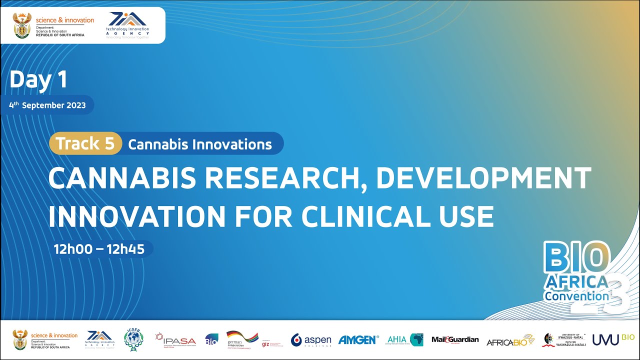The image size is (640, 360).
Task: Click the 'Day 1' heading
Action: [x=38, y=80]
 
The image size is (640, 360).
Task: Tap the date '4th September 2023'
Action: [x=47, y=105]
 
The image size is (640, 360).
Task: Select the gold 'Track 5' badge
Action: [x=85, y=144]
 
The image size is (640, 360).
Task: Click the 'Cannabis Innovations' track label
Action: [x=200, y=144]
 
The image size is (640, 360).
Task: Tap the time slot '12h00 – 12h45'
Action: [x=99, y=249]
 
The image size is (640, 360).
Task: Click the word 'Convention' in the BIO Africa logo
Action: [x=576, y=296]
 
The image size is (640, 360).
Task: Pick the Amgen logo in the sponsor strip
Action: [x=358, y=340]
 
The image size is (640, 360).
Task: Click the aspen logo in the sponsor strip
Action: [x=311, y=340]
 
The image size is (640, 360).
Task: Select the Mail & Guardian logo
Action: [x=455, y=340]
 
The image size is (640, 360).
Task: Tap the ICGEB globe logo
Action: [x=133, y=339]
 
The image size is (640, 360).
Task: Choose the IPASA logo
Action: [x=175, y=340]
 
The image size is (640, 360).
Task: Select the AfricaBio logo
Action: [x=510, y=340]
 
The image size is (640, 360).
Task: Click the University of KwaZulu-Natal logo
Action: [x=564, y=340]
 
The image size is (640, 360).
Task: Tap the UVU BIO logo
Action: [x=613, y=339]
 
